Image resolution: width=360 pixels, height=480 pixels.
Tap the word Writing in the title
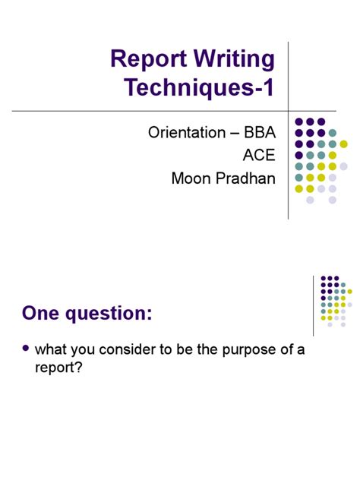(233, 59)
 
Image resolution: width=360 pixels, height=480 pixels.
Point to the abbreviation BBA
(260, 134)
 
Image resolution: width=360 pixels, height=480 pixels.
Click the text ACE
(259, 156)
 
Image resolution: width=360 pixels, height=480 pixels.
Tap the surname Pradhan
(247, 179)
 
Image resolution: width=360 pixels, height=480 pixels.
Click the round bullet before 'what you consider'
(27, 349)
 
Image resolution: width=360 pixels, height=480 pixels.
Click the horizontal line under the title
(152, 111)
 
